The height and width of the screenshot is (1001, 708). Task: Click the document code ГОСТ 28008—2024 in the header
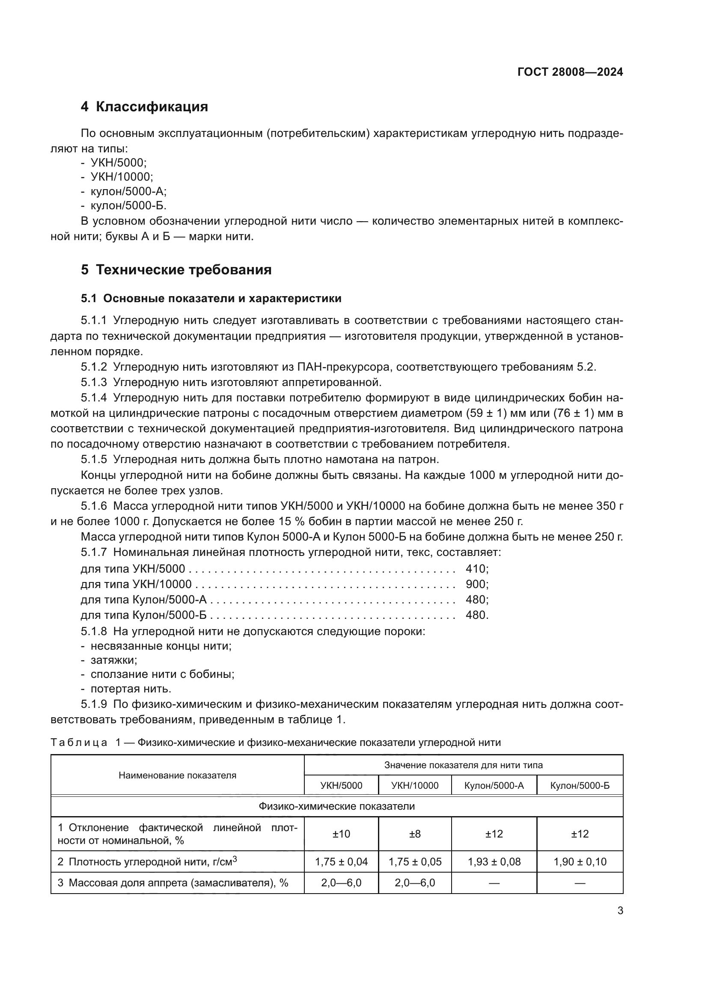tap(570, 72)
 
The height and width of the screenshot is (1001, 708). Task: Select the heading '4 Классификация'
tap(144, 107)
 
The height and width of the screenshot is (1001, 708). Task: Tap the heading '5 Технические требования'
tap(176, 270)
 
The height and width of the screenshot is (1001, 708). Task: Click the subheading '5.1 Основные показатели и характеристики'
tap(211, 299)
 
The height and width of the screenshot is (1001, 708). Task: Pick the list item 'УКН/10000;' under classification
tap(122, 177)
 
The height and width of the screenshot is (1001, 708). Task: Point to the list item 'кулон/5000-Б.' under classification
tap(128, 205)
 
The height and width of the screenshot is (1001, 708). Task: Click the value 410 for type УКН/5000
tap(476, 568)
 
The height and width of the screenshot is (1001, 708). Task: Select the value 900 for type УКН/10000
tap(476, 584)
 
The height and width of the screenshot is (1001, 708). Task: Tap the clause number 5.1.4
tap(94, 398)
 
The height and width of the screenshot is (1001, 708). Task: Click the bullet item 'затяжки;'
tap(114, 659)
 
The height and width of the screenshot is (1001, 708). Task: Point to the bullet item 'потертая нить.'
tap(131, 689)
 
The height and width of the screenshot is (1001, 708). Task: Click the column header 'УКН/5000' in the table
tap(341, 786)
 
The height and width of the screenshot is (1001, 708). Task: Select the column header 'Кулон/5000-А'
tap(494, 786)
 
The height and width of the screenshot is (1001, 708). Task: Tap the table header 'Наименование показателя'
tap(178, 775)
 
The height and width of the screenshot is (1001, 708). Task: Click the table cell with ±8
tap(415, 834)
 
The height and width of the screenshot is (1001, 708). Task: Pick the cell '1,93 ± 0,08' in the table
tap(494, 861)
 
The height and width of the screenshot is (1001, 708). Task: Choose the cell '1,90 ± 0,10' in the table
tap(580, 861)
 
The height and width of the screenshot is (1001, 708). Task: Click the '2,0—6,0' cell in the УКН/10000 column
tap(415, 883)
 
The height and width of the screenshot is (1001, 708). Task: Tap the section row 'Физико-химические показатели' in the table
tap(336, 806)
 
